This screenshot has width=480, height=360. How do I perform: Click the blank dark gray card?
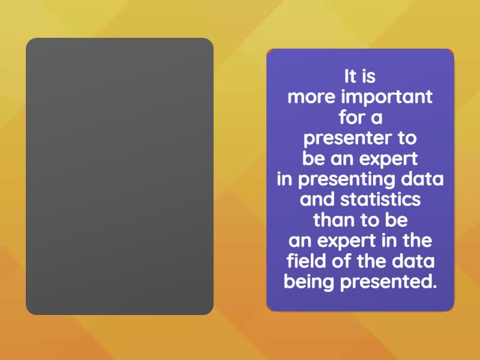[x=119, y=176]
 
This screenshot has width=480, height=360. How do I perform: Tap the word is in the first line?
[x=369, y=77]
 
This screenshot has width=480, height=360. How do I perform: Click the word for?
[x=351, y=118]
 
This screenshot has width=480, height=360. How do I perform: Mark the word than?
[x=334, y=220]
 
